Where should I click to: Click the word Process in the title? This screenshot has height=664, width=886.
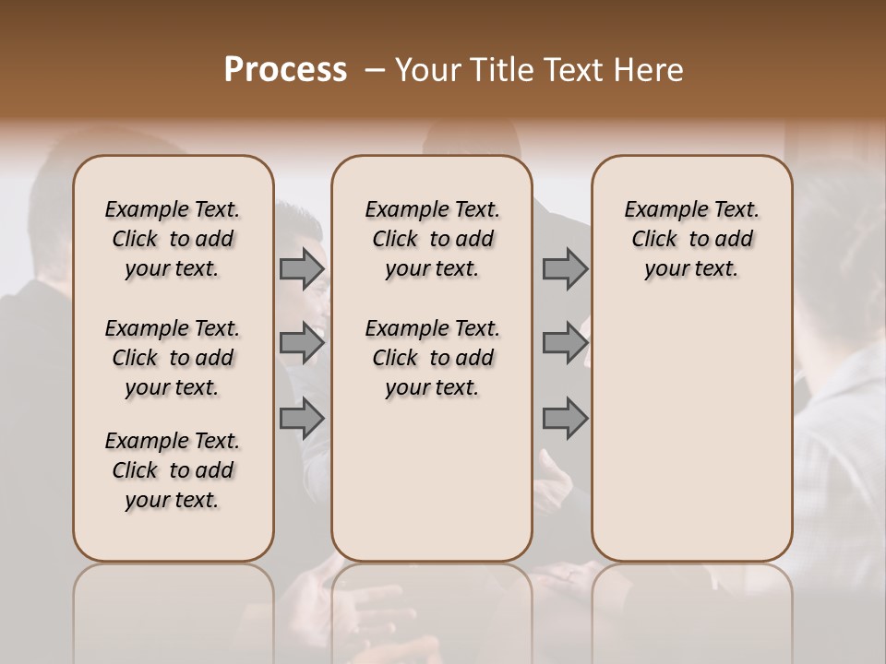point(285,70)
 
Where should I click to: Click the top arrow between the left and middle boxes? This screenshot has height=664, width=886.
point(302,269)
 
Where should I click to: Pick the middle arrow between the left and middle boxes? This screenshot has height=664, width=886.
point(302,343)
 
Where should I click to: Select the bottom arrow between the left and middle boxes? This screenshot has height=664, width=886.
point(302,418)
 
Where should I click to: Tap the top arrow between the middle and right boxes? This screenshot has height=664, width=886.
point(565,269)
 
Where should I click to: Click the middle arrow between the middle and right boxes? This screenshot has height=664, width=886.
point(565,343)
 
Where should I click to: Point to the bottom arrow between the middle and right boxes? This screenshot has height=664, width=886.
point(565,418)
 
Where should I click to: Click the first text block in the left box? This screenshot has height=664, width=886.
point(173,239)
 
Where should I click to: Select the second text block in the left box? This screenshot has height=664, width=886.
point(173,358)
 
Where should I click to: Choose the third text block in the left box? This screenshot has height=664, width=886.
point(173,470)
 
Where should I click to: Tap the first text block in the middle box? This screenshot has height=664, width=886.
point(432,239)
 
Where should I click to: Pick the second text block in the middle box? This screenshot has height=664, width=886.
point(432,358)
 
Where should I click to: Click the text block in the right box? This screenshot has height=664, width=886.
point(692,239)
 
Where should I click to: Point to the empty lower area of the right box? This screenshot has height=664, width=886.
point(692,424)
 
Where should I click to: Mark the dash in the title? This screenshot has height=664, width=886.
point(374,70)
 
